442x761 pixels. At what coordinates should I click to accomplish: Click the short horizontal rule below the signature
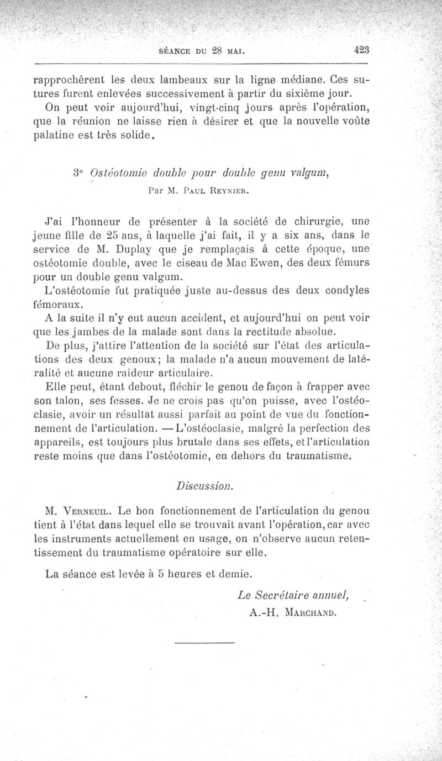205,643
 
